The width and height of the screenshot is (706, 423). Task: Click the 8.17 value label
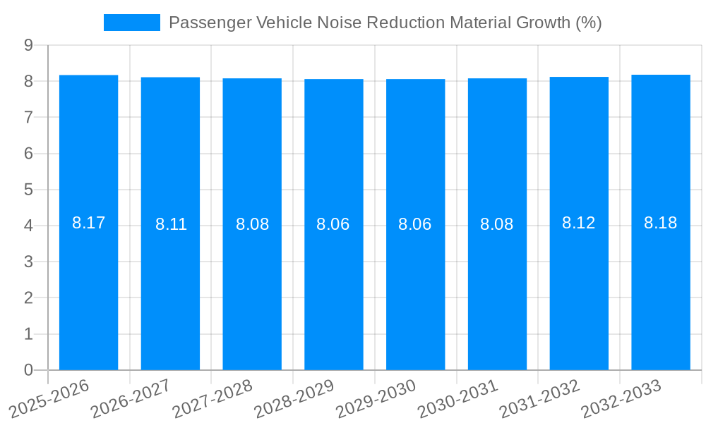tap(88, 223)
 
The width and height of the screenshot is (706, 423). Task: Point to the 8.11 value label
tap(171, 225)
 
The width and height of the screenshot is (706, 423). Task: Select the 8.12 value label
tap(579, 223)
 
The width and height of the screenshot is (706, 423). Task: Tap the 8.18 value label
tap(661, 223)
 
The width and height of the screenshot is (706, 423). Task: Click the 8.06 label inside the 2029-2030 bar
tap(415, 225)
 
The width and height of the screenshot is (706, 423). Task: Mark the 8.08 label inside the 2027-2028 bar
tap(252, 225)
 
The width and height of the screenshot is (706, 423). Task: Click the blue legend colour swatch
tap(132, 23)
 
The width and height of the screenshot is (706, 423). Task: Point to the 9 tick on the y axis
tap(28, 45)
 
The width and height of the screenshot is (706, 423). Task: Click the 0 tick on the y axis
tap(28, 370)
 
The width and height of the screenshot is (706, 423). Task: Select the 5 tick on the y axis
tap(28, 190)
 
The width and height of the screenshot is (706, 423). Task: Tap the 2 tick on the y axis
tap(28, 298)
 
